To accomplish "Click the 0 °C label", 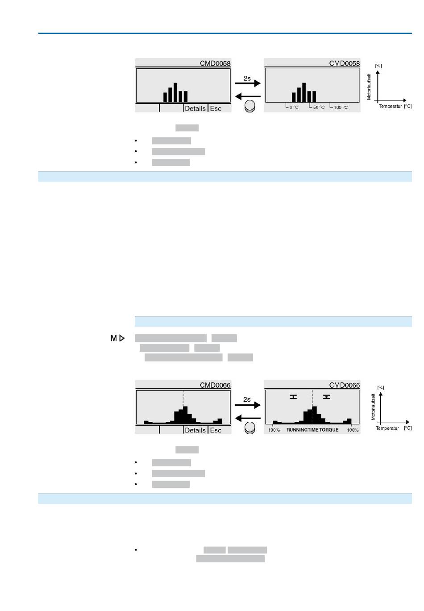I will click(x=294, y=108).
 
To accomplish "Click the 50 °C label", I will click(x=319, y=108).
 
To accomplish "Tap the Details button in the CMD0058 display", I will click(x=195, y=108).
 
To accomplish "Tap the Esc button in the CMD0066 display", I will click(x=216, y=430).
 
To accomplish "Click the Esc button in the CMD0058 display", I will click(x=216, y=108).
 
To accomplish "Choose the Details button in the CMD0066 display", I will click(x=195, y=430).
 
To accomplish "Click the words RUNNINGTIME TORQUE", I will click(x=312, y=430).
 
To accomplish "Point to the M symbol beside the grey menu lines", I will click(x=114, y=338).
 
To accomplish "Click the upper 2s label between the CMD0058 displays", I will click(x=247, y=79).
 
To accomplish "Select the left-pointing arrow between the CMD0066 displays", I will click(x=248, y=418).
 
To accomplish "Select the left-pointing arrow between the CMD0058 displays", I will click(x=248, y=96).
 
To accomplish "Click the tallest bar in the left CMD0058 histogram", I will click(x=175, y=92).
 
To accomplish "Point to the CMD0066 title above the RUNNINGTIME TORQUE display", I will click(x=344, y=385).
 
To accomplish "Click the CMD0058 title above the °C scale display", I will click(x=344, y=63).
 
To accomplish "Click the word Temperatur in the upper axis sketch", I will click(x=391, y=107).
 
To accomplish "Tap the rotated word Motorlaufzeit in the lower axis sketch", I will click(x=373, y=407).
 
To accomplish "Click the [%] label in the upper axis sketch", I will click(x=378, y=66).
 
